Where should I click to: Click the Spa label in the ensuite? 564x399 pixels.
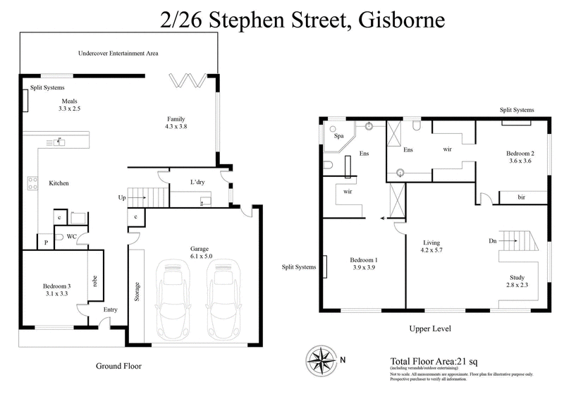(x=338, y=135)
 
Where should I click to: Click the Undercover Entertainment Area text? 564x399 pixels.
(x=117, y=53)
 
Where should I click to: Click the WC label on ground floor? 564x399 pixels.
(x=72, y=236)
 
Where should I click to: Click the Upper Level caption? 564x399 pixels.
(x=430, y=329)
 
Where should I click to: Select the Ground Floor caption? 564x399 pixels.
(x=118, y=366)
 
